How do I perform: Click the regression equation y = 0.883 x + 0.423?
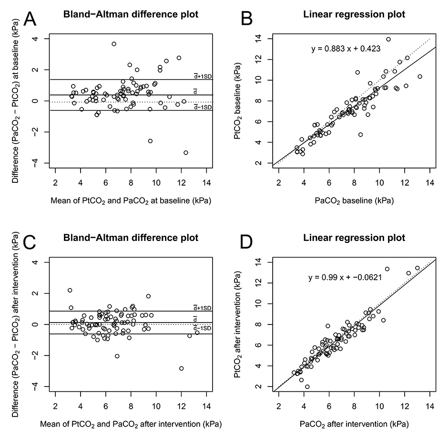tap(346, 48)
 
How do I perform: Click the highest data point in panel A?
tap(114, 44)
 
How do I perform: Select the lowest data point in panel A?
tap(186, 153)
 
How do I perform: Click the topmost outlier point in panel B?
tap(388, 39)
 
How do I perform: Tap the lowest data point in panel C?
tap(182, 368)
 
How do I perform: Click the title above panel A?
tap(131, 14)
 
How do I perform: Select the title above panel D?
tap(354, 238)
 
